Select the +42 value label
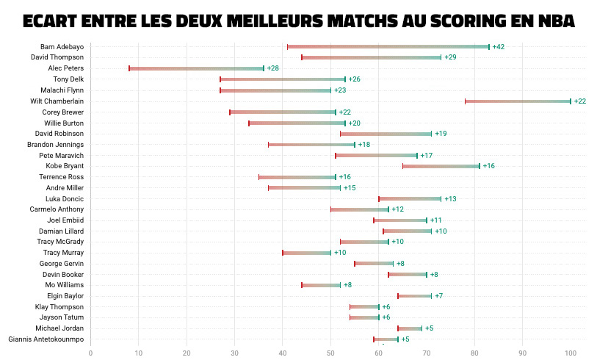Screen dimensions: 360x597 (x=498, y=46)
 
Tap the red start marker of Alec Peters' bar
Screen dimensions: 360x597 (x=129, y=68)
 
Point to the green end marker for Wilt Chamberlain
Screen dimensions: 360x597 (x=571, y=101)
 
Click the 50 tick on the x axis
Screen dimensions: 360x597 (x=330, y=353)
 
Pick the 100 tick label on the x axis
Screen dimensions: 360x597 (x=571, y=353)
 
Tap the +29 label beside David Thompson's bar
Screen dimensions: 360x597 (x=450, y=57)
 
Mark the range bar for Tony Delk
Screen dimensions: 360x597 (x=283, y=79)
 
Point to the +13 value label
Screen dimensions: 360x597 (x=450, y=198)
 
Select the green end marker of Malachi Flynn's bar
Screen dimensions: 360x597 (x=330, y=90)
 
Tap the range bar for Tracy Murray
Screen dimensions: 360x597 (x=306, y=253)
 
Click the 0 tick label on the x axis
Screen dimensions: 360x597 (x=91, y=353)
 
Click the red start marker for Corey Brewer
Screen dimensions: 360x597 (x=230, y=112)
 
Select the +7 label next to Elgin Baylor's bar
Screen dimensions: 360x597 (x=438, y=296)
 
